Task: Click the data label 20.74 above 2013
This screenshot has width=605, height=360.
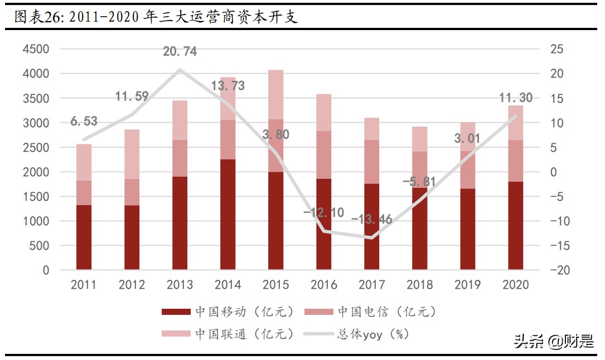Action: click(180, 52)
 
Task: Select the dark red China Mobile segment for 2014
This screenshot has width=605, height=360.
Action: click(228, 215)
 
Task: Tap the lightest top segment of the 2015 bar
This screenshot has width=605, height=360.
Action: click(275, 95)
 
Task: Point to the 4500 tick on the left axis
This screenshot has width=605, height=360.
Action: click(36, 49)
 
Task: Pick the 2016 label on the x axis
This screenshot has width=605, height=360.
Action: click(323, 285)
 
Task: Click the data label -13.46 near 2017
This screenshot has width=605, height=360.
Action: click(371, 219)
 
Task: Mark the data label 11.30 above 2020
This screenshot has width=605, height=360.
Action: click(515, 99)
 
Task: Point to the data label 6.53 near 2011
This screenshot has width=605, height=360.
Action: click(84, 121)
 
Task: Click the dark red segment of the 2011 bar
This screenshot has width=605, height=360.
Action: click(84, 237)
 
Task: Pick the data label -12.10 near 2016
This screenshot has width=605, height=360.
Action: click(323, 213)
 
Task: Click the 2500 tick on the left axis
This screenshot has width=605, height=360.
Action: click(36, 148)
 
